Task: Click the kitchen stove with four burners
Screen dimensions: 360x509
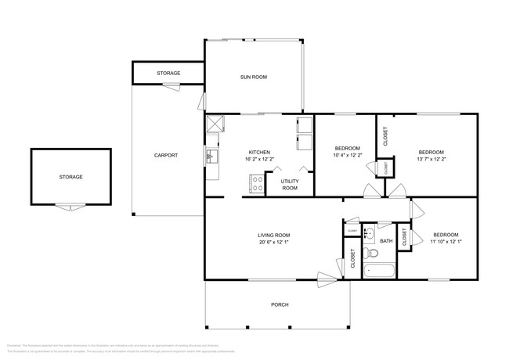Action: pos(256,185)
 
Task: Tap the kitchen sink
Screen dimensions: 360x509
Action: pos(211,157)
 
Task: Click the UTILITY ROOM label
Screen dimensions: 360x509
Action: pos(290,185)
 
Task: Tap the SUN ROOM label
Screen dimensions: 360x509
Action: pos(254,77)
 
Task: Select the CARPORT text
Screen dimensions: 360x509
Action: pos(165,155)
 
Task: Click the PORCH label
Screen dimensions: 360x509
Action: pos(279,304)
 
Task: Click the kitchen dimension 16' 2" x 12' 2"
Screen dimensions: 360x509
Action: pos(259,160)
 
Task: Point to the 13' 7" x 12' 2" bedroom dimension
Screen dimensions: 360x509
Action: pos(431,160)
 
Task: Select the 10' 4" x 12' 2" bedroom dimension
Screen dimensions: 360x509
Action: pos(347,156)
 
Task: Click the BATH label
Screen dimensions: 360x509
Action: pos(386,241)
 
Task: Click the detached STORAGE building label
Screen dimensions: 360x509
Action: pos(70,177)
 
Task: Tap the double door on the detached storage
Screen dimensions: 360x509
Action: pos(70,207)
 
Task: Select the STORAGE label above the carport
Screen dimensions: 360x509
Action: pos(168,73)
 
